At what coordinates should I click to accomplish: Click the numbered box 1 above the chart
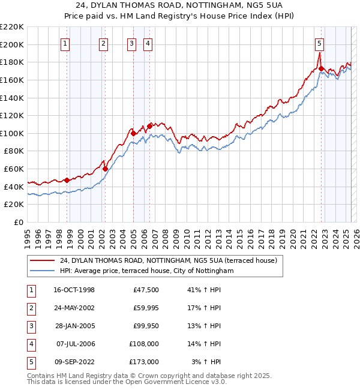(64, 43)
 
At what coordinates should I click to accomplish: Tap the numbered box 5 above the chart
(319, 43)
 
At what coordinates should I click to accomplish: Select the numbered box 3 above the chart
(131, 43)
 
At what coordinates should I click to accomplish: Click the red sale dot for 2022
(322, 68)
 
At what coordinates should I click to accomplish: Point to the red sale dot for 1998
(67, 179)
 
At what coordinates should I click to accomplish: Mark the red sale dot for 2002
(105, 169)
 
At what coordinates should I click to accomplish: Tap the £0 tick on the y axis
(19, 222)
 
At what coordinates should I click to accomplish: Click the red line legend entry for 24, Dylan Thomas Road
(168, 261)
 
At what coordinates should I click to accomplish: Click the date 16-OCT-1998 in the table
(74, 290)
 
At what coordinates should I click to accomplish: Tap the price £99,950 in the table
(144, 326)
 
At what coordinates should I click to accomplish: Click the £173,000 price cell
(144, 362)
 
